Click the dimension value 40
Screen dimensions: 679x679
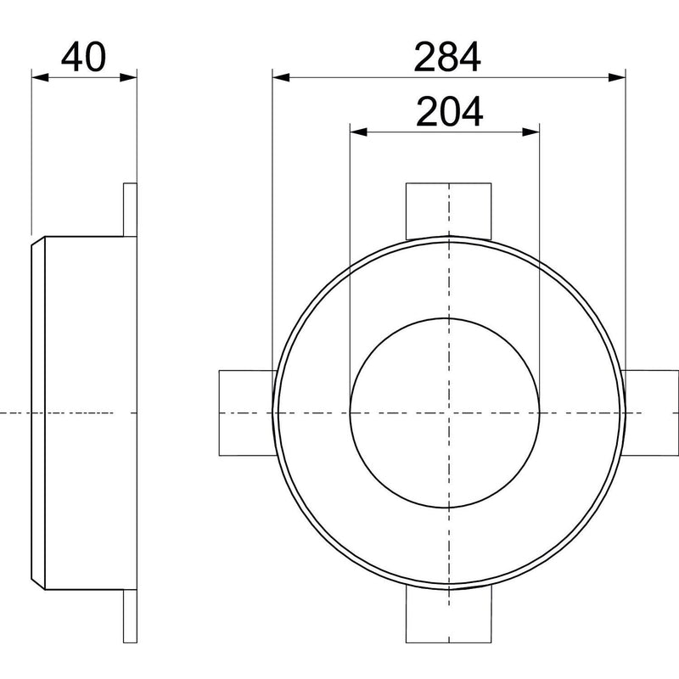(83, 57)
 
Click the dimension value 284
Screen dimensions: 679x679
(447, 57)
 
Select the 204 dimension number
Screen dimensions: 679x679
(450, 112)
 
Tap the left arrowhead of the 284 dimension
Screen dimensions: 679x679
(281, 77)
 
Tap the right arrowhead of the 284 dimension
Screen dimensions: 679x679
(617, 77)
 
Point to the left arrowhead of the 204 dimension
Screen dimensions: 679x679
(358, 132)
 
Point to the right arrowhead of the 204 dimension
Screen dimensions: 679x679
(531, 132)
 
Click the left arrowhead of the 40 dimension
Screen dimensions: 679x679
(40, 77)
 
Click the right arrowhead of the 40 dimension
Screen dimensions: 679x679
(128, 77)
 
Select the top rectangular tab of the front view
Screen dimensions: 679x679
(449, 210)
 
